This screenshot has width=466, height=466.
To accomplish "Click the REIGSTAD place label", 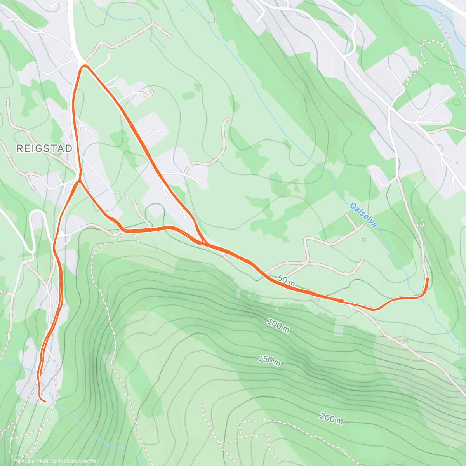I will [45, 148].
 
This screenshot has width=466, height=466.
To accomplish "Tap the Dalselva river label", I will [363, 215].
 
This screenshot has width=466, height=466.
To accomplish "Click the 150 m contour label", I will [269, 360].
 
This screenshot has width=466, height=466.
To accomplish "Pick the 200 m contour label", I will [331, 418].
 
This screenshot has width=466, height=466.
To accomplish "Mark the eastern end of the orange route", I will [428, 278].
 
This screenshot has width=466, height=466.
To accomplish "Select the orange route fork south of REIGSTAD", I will [79, 181].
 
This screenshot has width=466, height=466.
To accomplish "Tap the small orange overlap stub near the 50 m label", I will [339, 300].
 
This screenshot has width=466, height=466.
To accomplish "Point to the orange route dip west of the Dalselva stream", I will [374, 309].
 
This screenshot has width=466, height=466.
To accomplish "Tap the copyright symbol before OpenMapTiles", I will [22, 461].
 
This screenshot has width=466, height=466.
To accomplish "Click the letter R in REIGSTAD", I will [20, 148].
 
